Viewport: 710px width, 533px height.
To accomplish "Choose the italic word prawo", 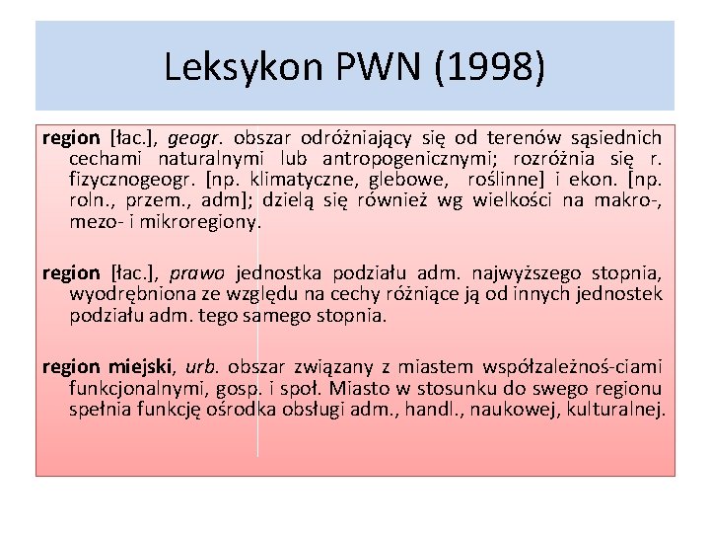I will [197, 273].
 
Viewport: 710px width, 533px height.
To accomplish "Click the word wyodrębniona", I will [123, 294].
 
